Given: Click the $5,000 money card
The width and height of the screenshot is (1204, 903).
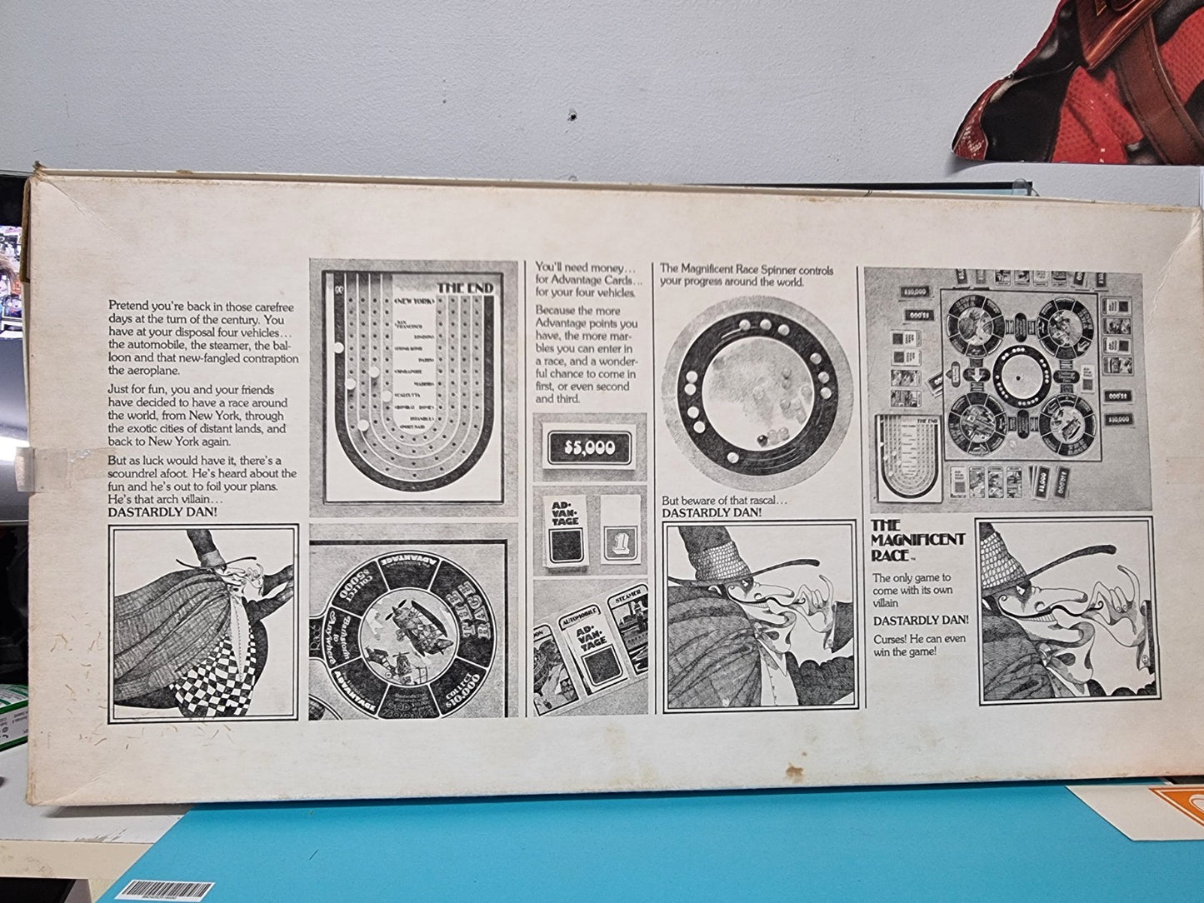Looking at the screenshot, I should click(590, 448).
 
